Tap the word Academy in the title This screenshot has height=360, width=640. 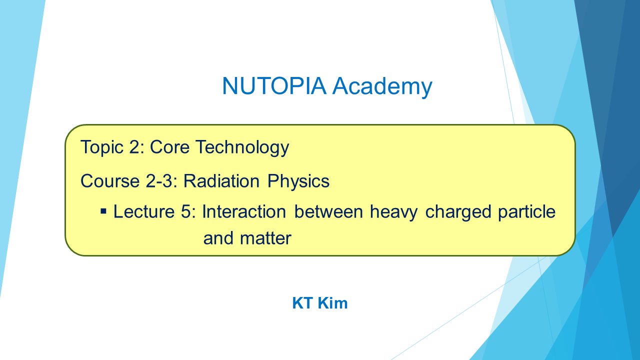click(382, 87)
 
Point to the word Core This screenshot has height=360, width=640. click(169, 147)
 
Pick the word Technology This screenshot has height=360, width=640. click(242, 147)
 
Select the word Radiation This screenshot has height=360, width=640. click(221, 181)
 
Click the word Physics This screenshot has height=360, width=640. click(298, 181)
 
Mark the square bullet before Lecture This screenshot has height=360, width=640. click(103, 211)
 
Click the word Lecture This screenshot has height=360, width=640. click(144, 211)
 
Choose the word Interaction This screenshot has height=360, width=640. click(244, 211)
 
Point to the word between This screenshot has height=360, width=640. click(328, 211)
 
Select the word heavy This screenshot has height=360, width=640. click(393, 212)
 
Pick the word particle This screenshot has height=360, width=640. click(527, 212)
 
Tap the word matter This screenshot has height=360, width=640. click(265, 238)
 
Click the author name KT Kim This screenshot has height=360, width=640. click(320, 303)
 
